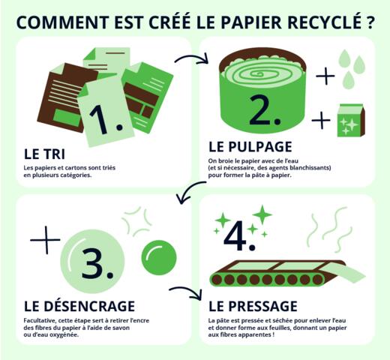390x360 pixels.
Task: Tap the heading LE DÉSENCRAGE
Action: (x=79, y=306)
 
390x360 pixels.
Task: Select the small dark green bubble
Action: (x=157, y=257)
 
